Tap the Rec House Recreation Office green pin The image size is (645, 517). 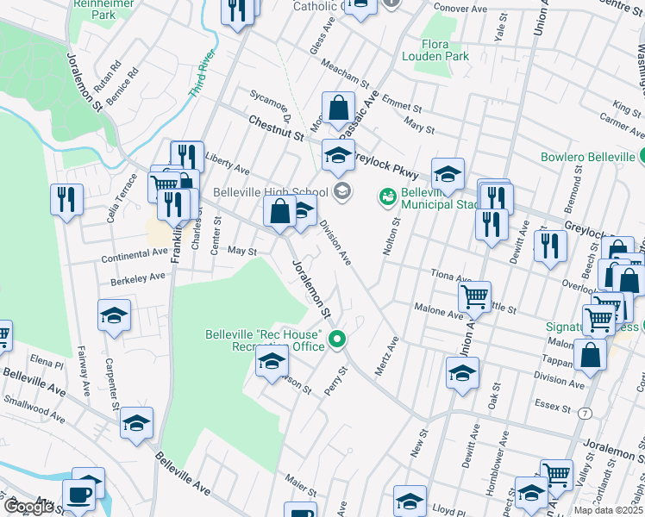tap(340, 341)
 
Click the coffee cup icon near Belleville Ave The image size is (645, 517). tap(81, 495)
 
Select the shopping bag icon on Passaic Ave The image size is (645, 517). tap(338, 109)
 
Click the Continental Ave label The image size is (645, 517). tap(135, 255)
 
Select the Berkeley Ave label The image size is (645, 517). tap(132, 278)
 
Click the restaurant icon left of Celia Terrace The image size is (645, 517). tap(66, 200)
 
